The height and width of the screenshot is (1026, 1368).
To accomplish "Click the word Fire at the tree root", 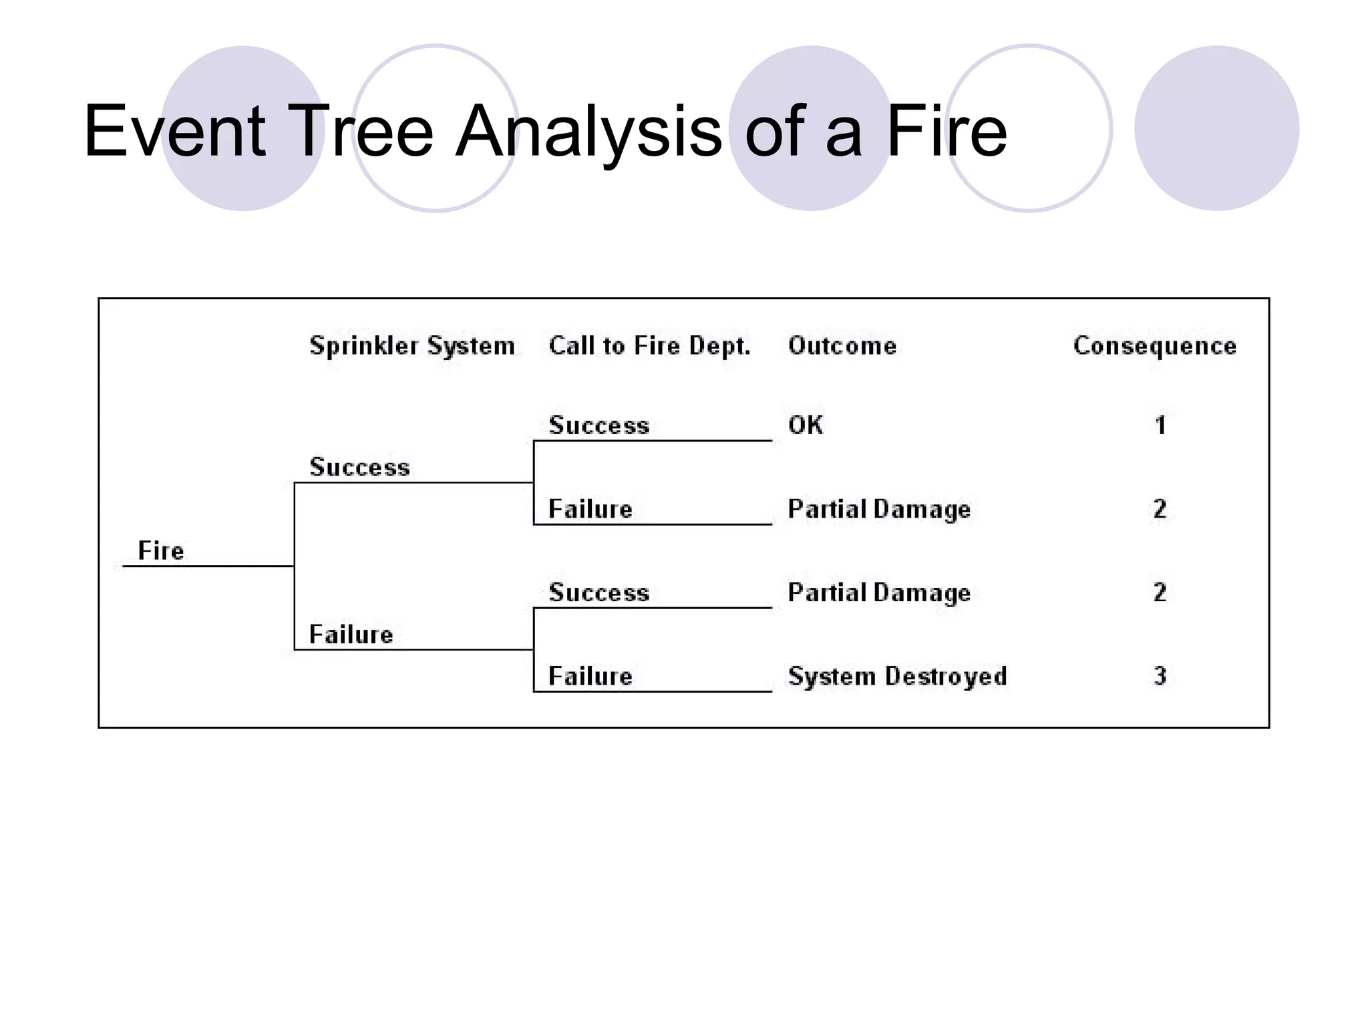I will click(x=160, y=551).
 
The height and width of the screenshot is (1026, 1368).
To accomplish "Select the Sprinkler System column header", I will click(x=412, y=346).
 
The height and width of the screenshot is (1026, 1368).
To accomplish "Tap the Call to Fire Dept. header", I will click(x=649, y=346).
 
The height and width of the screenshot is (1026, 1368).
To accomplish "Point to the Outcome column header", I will click(x=842, y=346).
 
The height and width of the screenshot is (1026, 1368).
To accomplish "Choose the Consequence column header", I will click(x=1154, y=346).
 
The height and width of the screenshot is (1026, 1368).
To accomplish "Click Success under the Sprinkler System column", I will click(x=359, y=467).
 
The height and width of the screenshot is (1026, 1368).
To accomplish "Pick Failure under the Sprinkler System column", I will click(x=351, y=634).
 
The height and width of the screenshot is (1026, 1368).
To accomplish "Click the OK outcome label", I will click(x=806, y=425).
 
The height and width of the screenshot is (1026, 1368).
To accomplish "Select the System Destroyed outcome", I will click(x=897, y=676).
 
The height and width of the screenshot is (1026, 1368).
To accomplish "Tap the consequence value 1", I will click(x=1160, y=425).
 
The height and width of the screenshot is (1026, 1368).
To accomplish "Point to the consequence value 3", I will click(x=1160, y=676).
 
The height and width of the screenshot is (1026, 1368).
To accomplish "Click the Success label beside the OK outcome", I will click(x=598, y=425).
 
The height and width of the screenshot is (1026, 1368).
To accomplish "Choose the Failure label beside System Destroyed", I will click(x=590, y=676).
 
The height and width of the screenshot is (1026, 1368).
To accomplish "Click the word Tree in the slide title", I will click(x=361, y=132).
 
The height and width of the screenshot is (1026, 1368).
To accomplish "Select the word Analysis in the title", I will click(x=588, y=132).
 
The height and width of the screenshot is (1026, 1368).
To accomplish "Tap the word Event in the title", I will click(x=175, y=132).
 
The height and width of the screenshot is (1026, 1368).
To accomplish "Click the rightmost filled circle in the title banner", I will click(x=1216, y=128).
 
